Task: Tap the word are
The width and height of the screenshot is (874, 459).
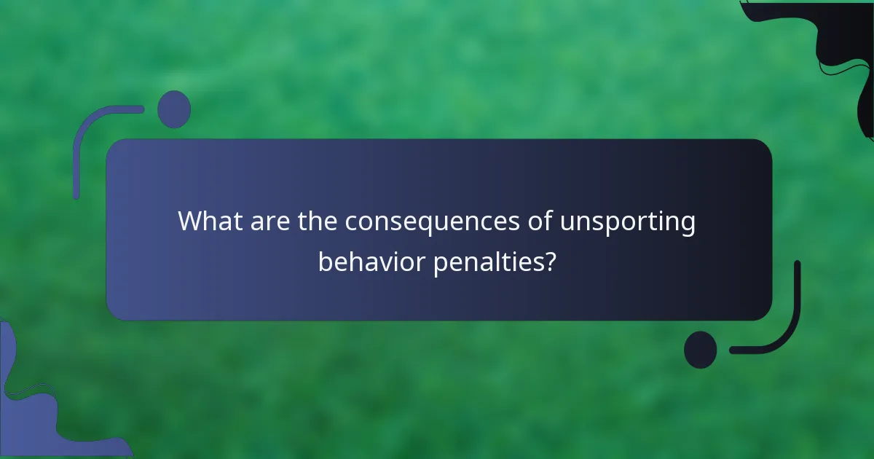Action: [x=269, y=221]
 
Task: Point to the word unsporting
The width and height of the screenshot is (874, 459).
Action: [x=628, y=221]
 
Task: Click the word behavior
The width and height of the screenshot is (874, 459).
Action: [x=371, y=261]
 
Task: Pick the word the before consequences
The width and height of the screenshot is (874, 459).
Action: [x=318, y=221]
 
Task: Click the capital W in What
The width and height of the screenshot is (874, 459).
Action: [x=191, y=221]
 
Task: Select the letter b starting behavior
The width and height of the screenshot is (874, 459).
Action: [x=325, y=260]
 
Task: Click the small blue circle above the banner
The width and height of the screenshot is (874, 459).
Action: [x=174, y=109]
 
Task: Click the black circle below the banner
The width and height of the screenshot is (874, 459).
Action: [x=701, y=350]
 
